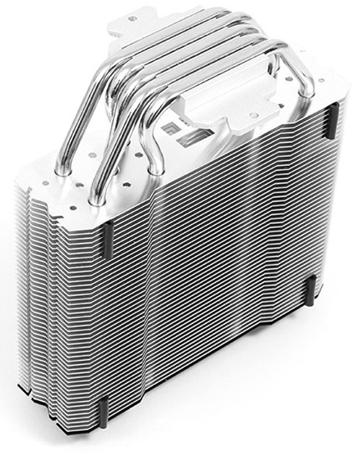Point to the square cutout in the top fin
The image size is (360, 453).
pyautogui.click(x=172, y=130)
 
